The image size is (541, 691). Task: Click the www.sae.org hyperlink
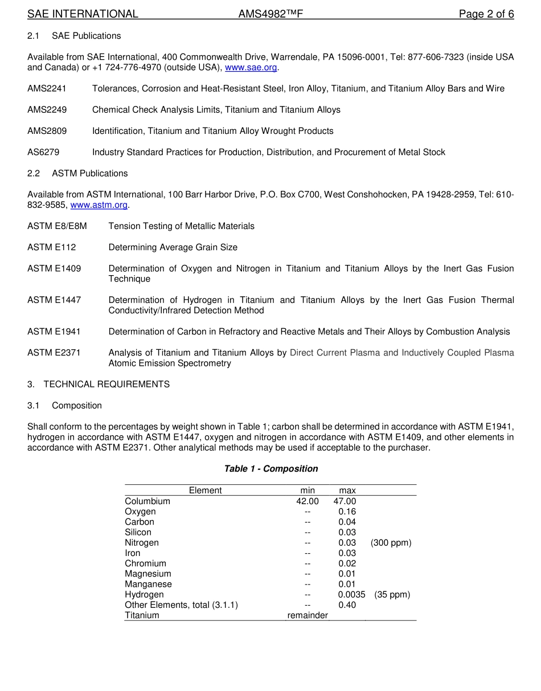click(x=251, y=68)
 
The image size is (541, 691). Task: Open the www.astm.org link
click(x=99, y=205)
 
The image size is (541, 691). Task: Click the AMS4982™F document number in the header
click(x=270, y=14)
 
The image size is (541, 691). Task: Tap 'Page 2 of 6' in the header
click(x=486, y=14)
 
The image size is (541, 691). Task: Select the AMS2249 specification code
click(x=47, y=110)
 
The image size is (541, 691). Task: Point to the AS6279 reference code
click(x=43, y=152)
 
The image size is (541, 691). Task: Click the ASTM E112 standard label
click(x=51, y=247)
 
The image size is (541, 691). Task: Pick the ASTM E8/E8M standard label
click(x=57, y=226)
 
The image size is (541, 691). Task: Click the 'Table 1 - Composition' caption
click(x=270, y=469)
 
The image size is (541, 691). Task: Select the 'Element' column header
click(x=205, y=490)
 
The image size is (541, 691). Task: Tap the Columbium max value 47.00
click(x=345, y=501)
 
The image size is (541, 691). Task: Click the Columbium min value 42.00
click(x=308, y=501)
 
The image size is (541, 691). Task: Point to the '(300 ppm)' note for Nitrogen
click(x=391, y=543)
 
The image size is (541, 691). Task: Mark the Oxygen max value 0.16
click(x=347, y=512)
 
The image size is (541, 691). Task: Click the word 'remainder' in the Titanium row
click(x=308, y=615)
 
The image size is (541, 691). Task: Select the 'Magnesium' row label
click(x=147, y=574)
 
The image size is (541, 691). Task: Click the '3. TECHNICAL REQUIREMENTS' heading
click(x=99, y=385)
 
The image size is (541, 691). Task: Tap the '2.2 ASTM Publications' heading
click(x=77, y=173)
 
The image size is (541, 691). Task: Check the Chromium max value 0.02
click(x=347, y=563)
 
